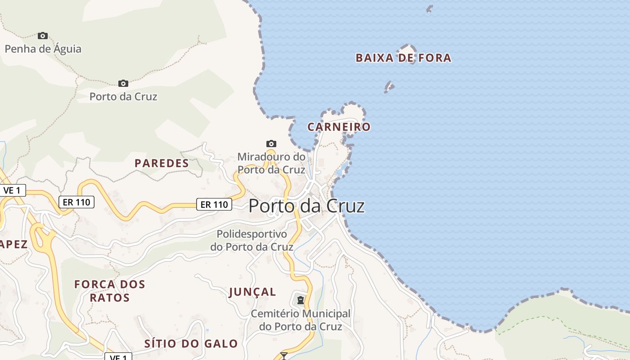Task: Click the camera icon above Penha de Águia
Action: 43,36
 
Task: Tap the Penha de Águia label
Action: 43,49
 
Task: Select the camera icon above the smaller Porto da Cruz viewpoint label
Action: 123,83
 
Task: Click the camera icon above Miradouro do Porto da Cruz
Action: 271,144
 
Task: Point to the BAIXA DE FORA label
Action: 403,58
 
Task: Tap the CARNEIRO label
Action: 339,127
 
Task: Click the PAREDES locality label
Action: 162,163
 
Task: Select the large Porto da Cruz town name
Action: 306,206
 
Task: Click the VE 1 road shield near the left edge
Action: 12,190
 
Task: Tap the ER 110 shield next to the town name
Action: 214,204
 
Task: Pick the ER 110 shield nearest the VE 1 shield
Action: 76,202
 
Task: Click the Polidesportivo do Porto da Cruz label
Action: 252,240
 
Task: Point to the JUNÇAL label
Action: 252,292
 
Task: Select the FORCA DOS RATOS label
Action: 110,291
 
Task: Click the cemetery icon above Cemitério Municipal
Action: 300,300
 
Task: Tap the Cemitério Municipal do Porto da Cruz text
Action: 300,320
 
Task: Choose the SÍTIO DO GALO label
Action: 191,344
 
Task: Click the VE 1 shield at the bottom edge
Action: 118,357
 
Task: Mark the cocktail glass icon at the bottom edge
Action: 283,356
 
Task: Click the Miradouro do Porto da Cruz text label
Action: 271,163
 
